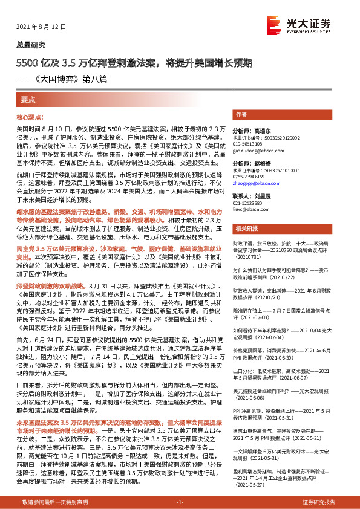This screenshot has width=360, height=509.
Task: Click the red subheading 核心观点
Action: pyautogui.click(x=30, y=116)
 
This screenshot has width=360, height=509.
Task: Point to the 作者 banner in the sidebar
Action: pyautogui.click(x=241, y=114)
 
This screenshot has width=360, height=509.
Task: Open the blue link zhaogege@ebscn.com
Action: pyautogui.click(x=257, y=182)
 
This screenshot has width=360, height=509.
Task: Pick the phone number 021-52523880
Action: pyautogui.click(x=250, y=204)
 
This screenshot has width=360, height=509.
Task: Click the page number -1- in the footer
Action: pyautogui.click(x=180, y=502)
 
